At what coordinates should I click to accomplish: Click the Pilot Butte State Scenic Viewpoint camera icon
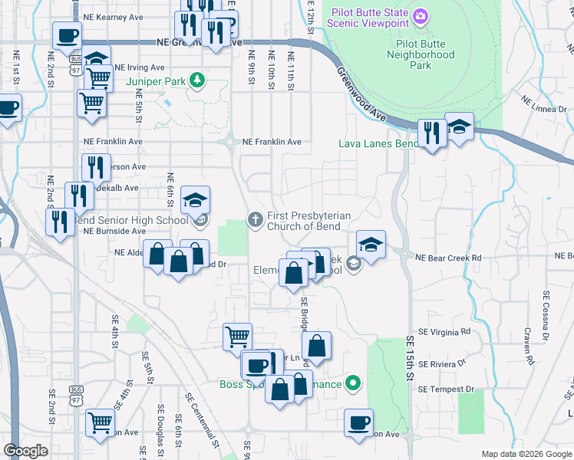pyautogui.click(x=420, y=16)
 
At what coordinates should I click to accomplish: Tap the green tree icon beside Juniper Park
pyautogui.click(x=197, y=79)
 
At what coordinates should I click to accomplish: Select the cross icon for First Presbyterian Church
pyautogui.click(x=256, y=221)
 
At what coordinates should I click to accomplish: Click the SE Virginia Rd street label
pyautogui.click(x=444, y=332)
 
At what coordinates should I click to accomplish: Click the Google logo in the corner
pyautogui.click(x=25, y=451)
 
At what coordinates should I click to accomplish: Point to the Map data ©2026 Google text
pyautogui.click(x=526, y=453)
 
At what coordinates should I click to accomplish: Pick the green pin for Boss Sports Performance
pyautogui.click(x=353, y=382)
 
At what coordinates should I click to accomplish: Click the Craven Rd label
pyautogui.click(x=528, y=344)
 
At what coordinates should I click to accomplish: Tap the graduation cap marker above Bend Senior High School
pyautogui.click(x=195, y=201)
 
